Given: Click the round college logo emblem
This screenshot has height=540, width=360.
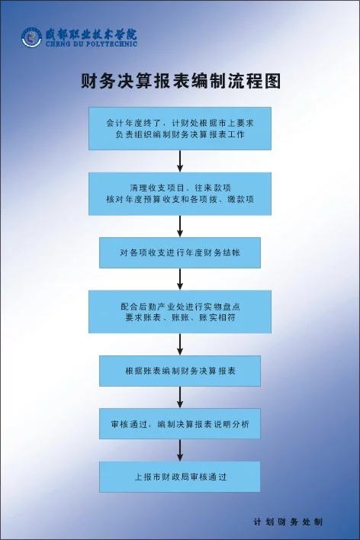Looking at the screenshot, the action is [x=31, y=37].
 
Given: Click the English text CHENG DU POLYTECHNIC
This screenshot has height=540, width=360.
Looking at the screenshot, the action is [x=92, y=44].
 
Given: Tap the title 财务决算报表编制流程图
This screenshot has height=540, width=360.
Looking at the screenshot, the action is [x=181, y=82].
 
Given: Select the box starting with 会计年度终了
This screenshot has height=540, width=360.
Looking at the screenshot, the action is [x=180, y=128].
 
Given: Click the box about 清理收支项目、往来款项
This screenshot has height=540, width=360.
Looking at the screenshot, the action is [x=180, y=194].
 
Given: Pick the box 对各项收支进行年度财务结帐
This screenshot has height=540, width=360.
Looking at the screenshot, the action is [x=180, y=252].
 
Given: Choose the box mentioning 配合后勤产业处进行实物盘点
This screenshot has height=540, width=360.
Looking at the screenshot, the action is [x=180, y=312].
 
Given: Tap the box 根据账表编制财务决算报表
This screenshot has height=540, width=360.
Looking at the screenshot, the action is [x=180, y=371].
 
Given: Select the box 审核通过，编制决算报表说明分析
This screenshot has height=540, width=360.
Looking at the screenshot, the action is [x=180, y=423].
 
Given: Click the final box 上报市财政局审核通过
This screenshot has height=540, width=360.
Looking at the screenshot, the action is [x=180, y=477].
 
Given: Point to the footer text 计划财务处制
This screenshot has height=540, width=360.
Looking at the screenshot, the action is [x=288, y=522].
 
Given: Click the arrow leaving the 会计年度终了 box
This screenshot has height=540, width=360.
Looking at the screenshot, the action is [x=180, y=161].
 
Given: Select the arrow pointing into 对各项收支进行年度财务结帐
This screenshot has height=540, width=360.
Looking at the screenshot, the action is [x=180, y=227].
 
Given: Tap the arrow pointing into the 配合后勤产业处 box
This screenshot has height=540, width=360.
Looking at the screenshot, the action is [x=180, y=279].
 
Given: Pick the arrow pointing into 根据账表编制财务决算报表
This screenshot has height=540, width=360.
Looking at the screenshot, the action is [x=180, y=345].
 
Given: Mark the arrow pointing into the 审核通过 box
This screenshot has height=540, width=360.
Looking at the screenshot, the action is [x=180, y=397].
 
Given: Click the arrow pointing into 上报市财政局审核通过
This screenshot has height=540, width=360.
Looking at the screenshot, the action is [x=180, y=450].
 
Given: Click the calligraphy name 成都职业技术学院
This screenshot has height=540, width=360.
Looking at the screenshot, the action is [x=91, y=34].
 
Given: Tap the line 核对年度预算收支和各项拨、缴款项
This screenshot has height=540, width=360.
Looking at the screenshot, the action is [x=180, y=199].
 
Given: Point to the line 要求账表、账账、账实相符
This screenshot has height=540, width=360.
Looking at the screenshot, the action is [x=180, y=317].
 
